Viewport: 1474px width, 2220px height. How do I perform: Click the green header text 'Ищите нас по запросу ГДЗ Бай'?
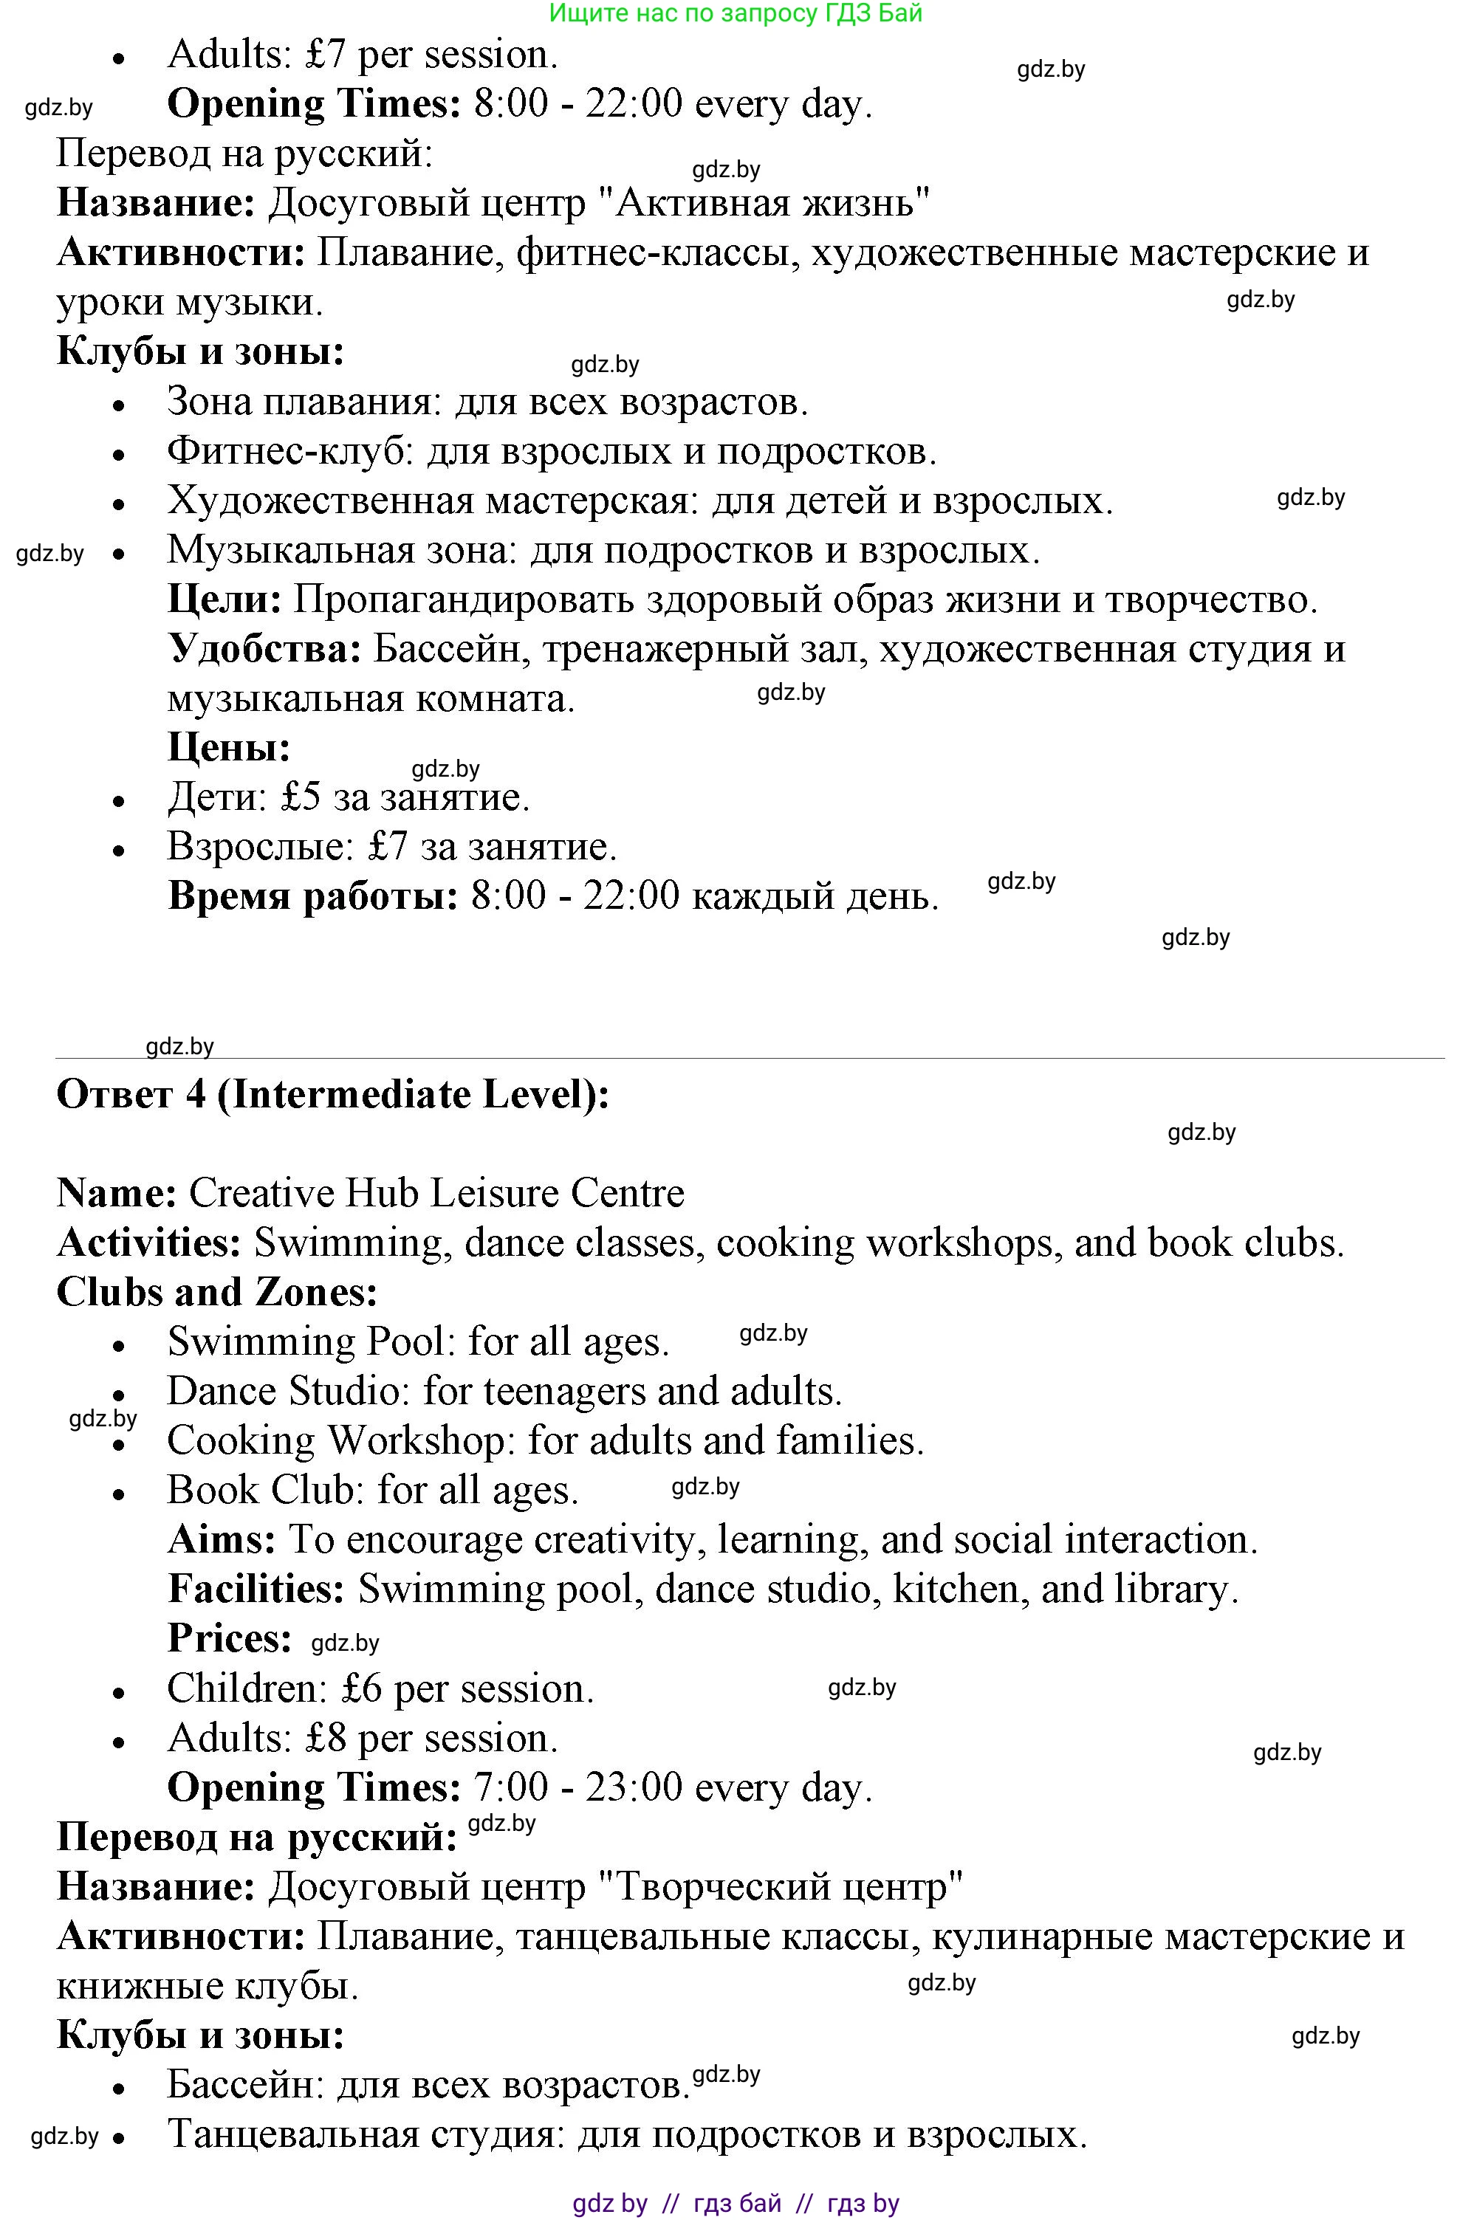(736, 13)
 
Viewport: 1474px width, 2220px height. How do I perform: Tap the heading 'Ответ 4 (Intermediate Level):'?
(333, 1094)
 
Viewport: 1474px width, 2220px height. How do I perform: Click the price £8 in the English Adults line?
(326, 1739)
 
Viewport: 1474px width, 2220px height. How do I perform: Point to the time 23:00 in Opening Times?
(634, 1787)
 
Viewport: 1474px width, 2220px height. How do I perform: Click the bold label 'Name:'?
(117, 1193)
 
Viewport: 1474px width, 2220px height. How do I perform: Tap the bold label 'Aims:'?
(222, 1539)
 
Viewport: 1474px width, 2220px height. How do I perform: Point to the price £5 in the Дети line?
(301, 798)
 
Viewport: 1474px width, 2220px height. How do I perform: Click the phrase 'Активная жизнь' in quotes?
(764, 203)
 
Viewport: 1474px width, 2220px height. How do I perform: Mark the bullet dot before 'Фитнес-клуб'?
(118, 454)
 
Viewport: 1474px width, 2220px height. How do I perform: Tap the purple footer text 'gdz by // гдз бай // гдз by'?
(736, 2203)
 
